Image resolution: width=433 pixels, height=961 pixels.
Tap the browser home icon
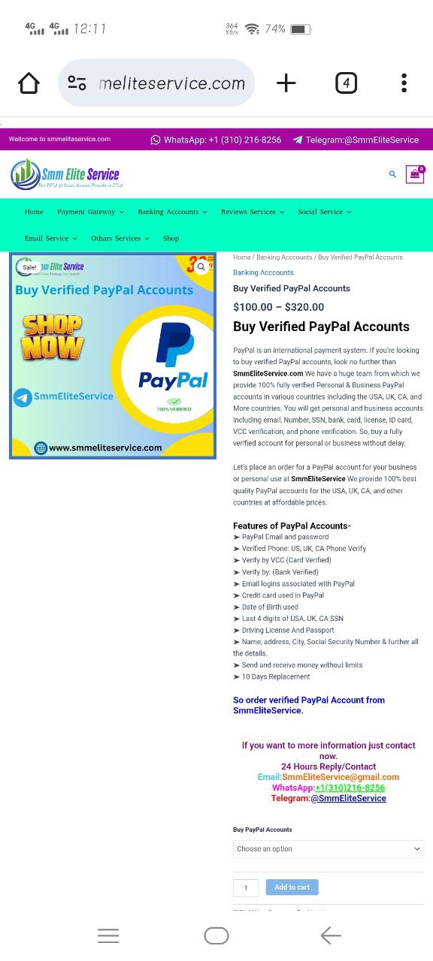click(x=29, y=83)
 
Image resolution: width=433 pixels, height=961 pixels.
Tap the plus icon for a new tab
click(x=286, y=83)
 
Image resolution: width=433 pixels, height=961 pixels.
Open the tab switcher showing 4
click(x=346, y=83)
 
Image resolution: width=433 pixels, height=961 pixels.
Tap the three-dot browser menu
click(x=404, y=83)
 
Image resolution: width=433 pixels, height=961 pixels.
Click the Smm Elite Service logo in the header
click(x=66, y=174)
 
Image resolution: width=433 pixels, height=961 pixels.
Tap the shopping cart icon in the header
click(x=414, y=174)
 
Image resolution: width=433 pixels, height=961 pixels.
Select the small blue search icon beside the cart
click(x=392, y=174)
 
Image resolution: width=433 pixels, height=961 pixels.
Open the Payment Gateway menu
click(x=90, y=212)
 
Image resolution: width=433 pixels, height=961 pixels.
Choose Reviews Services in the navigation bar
click(x=252, y=212)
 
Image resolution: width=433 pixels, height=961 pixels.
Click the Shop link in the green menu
click(x=171, y=238)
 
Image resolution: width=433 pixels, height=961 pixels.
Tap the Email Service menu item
click(x=50, y=238)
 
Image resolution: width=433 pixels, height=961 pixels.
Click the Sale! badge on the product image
click(x=29, y=267)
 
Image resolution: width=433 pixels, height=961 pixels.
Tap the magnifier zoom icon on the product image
click(x=201, y=267)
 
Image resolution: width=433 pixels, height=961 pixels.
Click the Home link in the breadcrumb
click(x=241, y=258)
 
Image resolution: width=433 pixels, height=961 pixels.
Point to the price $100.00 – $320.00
click(x=279, y=307)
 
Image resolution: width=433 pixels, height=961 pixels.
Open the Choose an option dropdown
click(x=329, y=849)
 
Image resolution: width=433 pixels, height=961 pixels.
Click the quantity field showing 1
click(x=246, y=888)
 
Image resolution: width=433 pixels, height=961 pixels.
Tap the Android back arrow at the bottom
click(x=330, y=935)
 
